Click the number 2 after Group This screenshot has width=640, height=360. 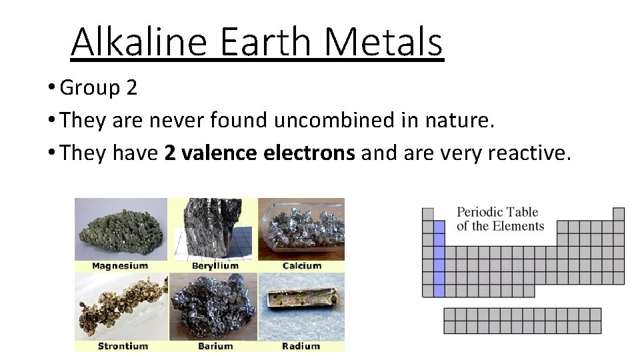click(x=130, y=87)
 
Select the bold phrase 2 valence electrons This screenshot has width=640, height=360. click(x=259, y=154)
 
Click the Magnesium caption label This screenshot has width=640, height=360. click(x=120, y=265)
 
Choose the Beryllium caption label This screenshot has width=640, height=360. click(x=215, y=265)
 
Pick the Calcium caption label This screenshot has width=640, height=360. click(x=301, y=265)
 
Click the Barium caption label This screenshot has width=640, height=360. click(x=215, y=346)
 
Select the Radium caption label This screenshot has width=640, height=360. click(x=301, y=346)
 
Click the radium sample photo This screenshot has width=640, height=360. click(x=301, y=307)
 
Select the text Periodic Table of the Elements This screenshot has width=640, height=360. click(x=500, y=219)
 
